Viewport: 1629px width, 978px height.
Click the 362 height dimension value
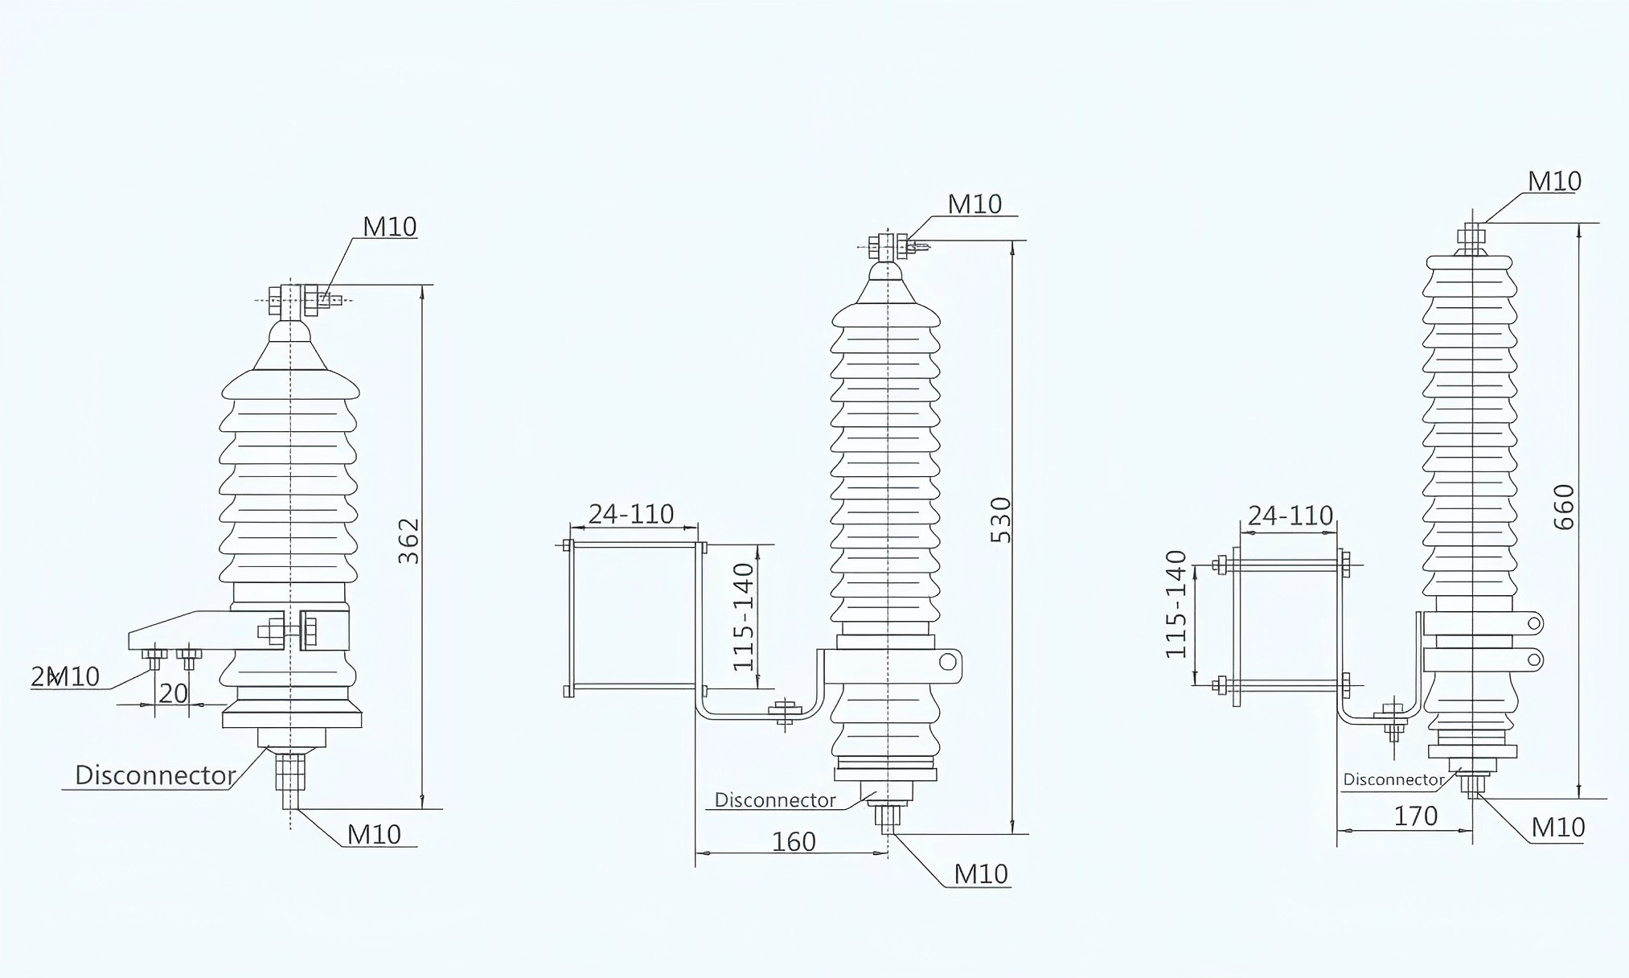click(x=409, y=540)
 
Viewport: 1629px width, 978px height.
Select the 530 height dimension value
click(x=1000, y=520)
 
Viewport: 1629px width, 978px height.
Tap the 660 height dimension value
click(x=1564, y=507)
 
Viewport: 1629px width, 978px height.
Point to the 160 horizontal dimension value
click(x=794, y=841)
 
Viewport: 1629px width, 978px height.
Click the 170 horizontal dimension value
click(x=1415, y=816)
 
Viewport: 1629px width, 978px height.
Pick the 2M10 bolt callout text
click(x=65, y=677)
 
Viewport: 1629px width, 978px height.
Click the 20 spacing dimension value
click(x=173, y=693)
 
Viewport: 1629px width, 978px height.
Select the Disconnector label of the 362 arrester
click(x=155, y=775)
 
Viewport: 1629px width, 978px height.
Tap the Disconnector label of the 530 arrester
click(x=775, y=800)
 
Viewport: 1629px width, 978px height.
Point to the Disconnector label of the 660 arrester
click(x=1393, y=779)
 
